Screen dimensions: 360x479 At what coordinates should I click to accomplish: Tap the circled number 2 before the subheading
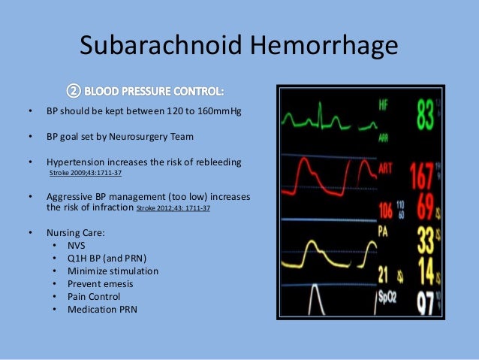(x=73, y=92)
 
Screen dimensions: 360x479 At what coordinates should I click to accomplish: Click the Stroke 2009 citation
(x=86, y=173)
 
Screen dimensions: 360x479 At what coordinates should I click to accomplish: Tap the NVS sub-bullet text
(x=77, y=245)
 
